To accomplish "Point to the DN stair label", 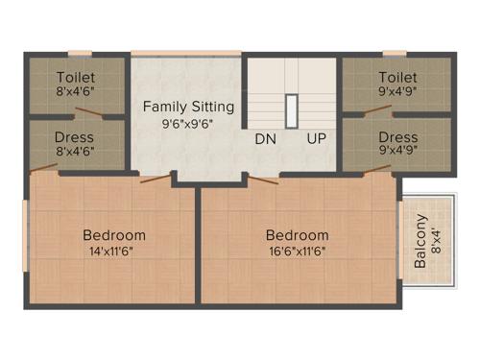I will click(x=266, y=138).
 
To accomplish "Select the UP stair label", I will click(x=316, y=138).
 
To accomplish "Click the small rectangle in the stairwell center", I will click(x=290, y=110).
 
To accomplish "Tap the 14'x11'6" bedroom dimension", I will click(x=114, y=252).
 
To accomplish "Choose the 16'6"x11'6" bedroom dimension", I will click(x=298, y=252).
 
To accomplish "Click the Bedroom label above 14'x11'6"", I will click(x=114, y=235).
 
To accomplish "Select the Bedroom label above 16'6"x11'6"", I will click(x=298, y=235).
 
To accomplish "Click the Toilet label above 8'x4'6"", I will click(x=76, y=77).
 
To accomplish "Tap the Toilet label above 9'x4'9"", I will click(x=397, y=77).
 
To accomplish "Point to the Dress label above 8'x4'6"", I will click(x=75, y=137).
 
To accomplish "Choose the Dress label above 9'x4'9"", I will click(x=397, y=137).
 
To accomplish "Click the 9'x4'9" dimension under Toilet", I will click(x=397, y=92).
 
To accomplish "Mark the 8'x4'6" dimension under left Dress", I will click(x=75, y=153).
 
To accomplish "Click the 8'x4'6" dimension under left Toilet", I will click(x=76, y=92).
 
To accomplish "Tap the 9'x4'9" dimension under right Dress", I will click(x=397, y=153).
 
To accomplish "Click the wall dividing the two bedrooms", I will click(x=198, y=245).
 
